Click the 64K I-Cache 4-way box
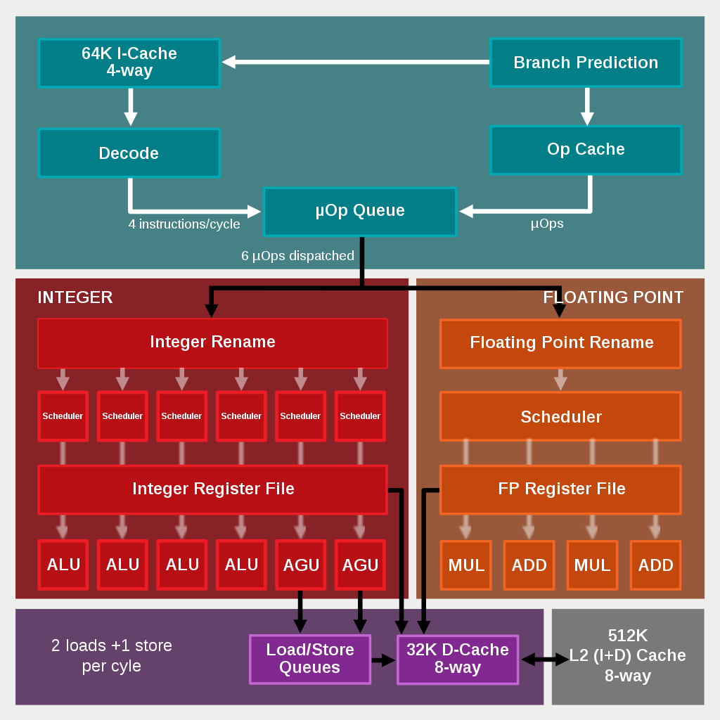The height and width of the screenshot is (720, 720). [129, 63]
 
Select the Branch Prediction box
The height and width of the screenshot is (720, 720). [586, 63]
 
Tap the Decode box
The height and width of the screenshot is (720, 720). [129, 153]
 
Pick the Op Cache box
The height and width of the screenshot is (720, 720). [586, 150]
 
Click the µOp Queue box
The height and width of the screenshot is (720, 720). [360, 211]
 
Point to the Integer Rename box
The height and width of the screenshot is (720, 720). [212, 342]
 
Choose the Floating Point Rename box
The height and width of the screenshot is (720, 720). [560, 343]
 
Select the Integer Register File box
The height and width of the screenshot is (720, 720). [212, 489]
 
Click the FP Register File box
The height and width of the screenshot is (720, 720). [560, 489]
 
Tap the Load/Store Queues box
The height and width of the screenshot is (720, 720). [309, 659]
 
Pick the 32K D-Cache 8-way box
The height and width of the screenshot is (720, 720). [458, 659]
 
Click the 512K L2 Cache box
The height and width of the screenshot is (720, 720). [627, 656]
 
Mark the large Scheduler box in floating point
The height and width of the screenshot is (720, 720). [560, 417]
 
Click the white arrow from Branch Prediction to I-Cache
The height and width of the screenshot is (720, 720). [355, 62]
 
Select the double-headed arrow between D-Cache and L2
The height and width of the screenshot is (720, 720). [545, 660]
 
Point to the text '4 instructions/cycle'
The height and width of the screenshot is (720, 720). [184, 224]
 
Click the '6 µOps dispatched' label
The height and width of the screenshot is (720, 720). [297, 256]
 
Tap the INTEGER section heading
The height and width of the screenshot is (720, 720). [75, 297]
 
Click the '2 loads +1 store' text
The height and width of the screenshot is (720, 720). [112, 645]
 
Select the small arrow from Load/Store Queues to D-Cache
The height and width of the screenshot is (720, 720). [383, 660]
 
